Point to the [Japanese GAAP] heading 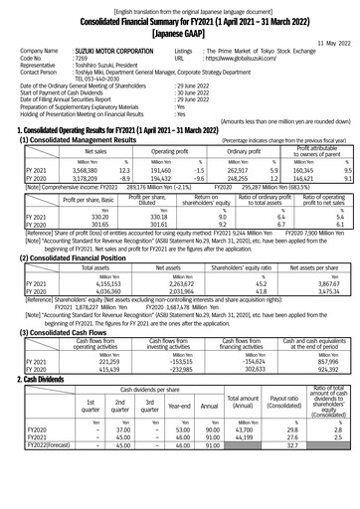pyautogui.click(x=179, y=30)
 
